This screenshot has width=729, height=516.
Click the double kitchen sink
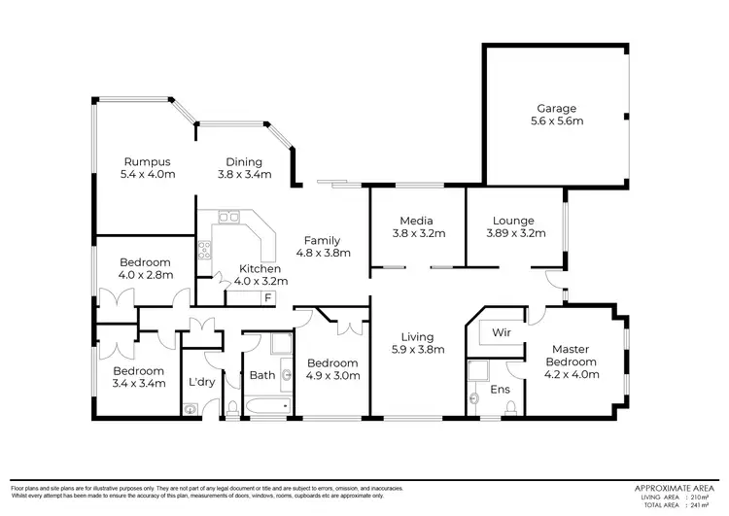click(229, 219)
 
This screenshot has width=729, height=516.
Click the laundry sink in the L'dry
click(189, 409)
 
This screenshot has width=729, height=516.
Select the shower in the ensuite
click(477, 370)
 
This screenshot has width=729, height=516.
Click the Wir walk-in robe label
click(503, 333)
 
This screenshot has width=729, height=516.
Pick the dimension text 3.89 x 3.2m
click(515, 233)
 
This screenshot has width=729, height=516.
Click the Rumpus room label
click(147, 161)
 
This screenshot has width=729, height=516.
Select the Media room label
click(416, 221)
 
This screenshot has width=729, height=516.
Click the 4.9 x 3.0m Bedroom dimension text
click(332, 375)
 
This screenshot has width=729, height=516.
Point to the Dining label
click(244, 161)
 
